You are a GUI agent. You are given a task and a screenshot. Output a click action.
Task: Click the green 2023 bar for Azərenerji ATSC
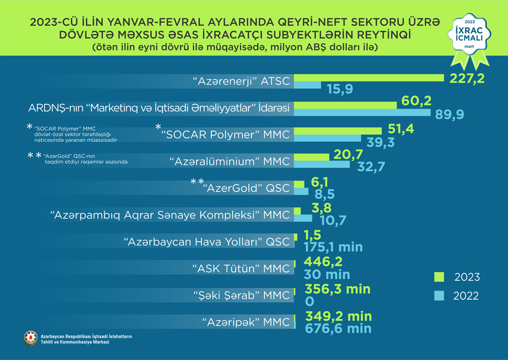[x=369, y=77]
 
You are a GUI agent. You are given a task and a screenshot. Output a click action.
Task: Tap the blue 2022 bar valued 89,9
[x=362, y=112]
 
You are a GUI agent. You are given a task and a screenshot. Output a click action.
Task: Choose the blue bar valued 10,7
[x=303, y=218]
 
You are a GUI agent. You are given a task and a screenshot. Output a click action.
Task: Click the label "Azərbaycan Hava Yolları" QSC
[x=207, y=241]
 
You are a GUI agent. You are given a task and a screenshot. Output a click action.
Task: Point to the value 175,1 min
[x=333, y=248]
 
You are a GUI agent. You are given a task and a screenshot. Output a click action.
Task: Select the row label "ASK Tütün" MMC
[x=241, y=268]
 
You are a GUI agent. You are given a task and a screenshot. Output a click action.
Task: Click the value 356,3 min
[x=337, y=289]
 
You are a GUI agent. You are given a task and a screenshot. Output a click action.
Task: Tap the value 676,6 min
[x=338, y=328]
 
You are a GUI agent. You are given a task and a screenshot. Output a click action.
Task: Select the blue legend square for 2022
[x=439, y=295]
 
